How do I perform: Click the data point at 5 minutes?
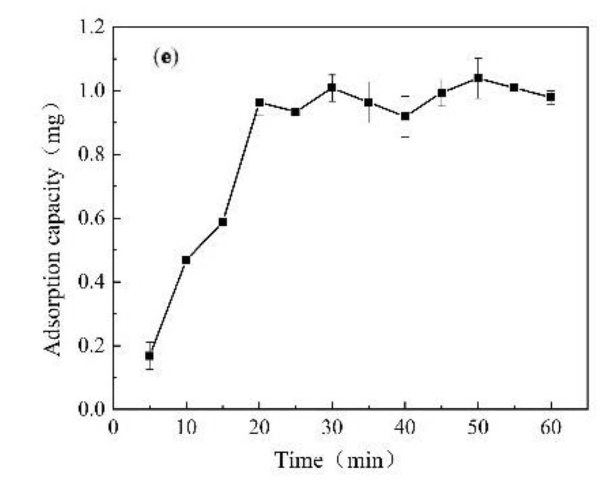pyautogui.click(x=149, y=356)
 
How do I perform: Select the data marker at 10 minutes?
pyautogui.click(x=186, y=260)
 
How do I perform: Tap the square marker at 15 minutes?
pyautogui.click(x=223, y=222)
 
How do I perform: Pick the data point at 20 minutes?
pyautogui.click(x=260, y=102)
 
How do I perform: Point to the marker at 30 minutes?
pyautogui.click(x=332, y=87)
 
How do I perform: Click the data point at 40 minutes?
pyautogui.click(x=405, y=116)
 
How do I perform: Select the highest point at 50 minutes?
pyautogui.click(x=478, y=78)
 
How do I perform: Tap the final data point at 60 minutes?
pyautogui.click(x=551, y=97)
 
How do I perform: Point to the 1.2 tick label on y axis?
pyautogui.click(x=91, y=27)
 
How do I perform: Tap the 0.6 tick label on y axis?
pyautogui.click(x=91, y=218)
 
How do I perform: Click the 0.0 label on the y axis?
pyautogui.click(x=91, y=409)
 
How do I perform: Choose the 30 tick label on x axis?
pyautogui.click(x=332, y=427)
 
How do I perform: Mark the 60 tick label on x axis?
pyautogui.click(x=551, y=427)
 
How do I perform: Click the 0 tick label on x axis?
pyautogui.click(x=113, y=427)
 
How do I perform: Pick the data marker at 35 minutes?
pyautogui.click(x=368, y=102)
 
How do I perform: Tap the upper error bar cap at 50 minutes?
pyautogui.click(x=478, y=58)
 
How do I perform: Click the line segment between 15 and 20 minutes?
pyautogui.click(x=241, y=162)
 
